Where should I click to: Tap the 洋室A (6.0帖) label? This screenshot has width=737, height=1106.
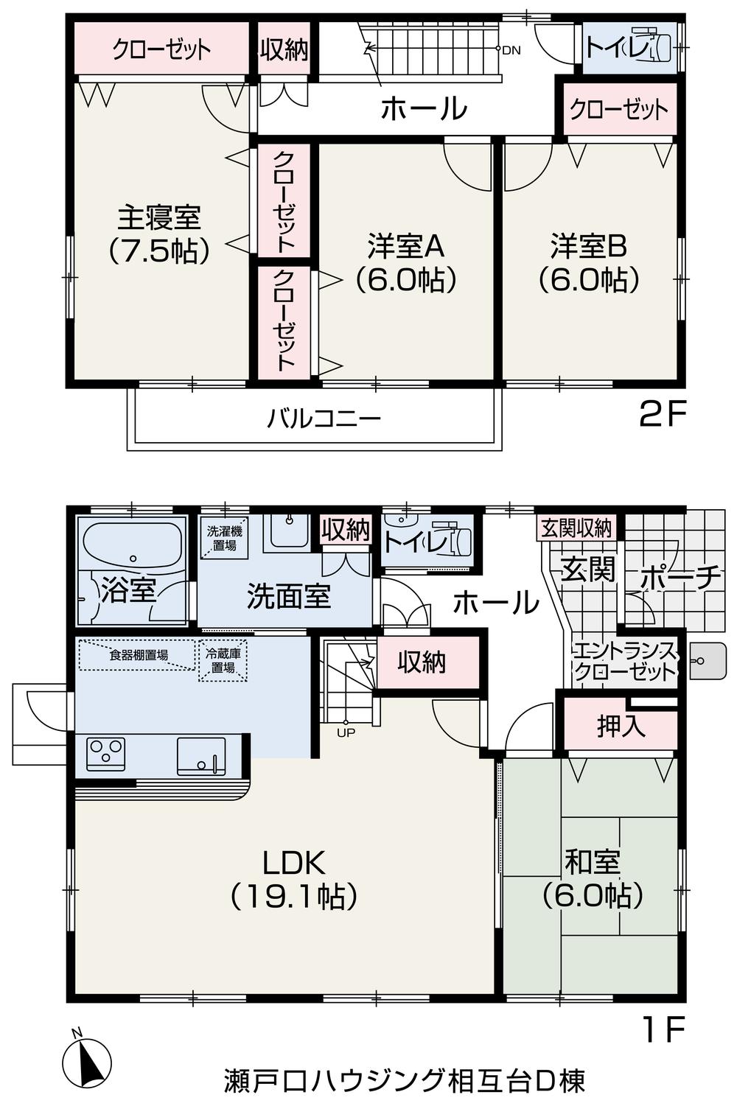click(406, 262)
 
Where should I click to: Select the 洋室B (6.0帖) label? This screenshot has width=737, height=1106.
click(589, 262)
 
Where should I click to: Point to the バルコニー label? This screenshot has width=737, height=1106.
click(324, 419)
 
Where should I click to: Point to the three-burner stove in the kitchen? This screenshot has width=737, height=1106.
click(105, 754)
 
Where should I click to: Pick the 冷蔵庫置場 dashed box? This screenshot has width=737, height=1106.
click(223, 660)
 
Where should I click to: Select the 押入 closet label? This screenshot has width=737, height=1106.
click(621, 727)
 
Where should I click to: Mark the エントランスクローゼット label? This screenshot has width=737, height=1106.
click(624, 661)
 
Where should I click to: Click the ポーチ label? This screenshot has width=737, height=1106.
click(679, 578)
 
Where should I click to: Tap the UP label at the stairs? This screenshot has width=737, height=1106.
click(345, 732)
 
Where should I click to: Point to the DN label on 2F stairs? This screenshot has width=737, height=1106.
click(511, 50)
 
